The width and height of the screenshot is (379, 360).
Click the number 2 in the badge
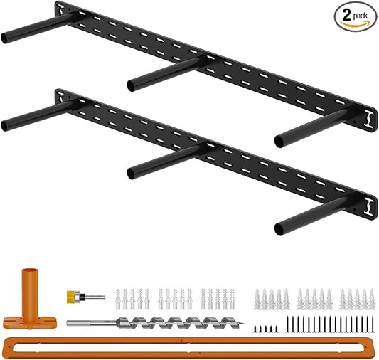coord(346,16)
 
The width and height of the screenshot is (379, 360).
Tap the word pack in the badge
coord(360,16)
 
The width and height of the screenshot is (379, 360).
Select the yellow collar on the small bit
coord(70,297)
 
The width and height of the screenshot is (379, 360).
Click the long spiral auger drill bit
coord(155,323)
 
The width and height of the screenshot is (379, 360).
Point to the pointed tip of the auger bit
coord(243,323)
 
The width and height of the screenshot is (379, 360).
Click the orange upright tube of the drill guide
coord(30,297)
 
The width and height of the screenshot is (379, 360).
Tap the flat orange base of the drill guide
coord(30,323)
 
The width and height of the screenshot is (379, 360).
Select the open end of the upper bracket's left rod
coord(4,38)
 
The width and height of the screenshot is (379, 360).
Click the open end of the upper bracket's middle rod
coord(131,86)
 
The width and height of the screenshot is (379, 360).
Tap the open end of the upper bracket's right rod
coord(279,142)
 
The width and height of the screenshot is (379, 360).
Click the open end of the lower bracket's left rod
coord(4,126)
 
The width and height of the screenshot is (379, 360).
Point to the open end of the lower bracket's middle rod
coord(131,174)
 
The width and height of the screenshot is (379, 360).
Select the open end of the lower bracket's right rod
coord(279,229)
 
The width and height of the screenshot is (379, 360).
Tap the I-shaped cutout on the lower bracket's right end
coord(370,207)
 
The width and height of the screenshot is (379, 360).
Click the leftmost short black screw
coord(255,329)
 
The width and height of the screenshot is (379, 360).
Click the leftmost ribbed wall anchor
coord(118,299)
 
